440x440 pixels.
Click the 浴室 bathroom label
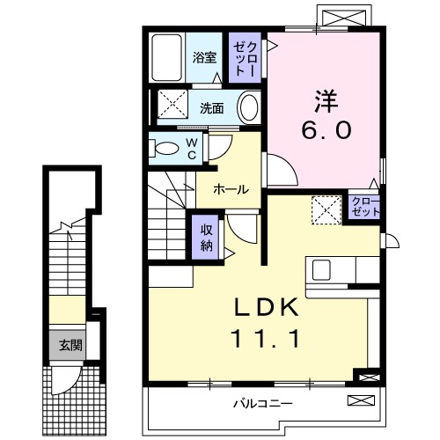tap(204, 59)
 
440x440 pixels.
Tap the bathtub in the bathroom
tap(166, 59)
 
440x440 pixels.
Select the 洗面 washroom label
tap(211, 108)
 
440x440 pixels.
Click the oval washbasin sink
tap(250, 108)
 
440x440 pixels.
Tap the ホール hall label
tap(231, 188)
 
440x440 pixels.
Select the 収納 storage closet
tap(205, 234)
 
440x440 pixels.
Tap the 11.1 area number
tap(267, 336)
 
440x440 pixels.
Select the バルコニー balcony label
tap(261, 405)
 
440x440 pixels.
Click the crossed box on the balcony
tap(361, 402)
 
